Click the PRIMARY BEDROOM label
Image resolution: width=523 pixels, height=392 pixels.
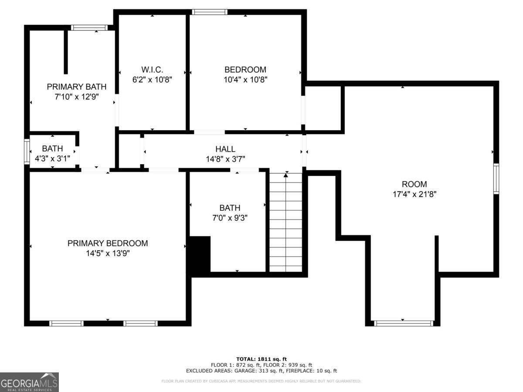click(x=108, y=243)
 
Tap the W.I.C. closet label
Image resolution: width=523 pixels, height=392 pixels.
click(x=152, y=70)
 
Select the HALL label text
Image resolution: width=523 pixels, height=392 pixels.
click(x=225, y=149)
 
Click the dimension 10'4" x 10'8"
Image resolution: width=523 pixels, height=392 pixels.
click(x=245, y=80)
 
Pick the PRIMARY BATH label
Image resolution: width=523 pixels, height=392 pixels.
click(x=76, y=87)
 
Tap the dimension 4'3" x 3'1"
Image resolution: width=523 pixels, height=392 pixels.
click(x=52, y=159)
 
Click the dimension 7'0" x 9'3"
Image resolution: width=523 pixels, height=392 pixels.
click(x=230, y=218)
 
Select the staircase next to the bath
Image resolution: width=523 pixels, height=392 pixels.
click(x=285, y=222)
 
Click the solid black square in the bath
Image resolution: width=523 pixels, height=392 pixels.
click(x=200, y=254)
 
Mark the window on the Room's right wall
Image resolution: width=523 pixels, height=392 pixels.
click(x=496, y=179)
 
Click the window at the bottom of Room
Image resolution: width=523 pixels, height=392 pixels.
click(x=404, y=323)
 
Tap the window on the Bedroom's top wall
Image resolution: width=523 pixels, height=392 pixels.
click(x=210, y=12)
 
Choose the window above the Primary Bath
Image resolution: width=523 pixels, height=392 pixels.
click(x=89, y=28)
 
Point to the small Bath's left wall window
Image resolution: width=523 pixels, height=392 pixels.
click(x=27, y=151)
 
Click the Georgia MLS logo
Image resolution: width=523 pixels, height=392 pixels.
click(x=29, y=382)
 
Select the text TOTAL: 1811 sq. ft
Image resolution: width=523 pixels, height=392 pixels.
click(x=261, y=359)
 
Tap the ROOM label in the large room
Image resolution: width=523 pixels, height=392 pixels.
click(x=414, y=184)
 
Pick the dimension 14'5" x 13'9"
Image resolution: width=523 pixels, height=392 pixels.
click(x=108, y=253)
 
